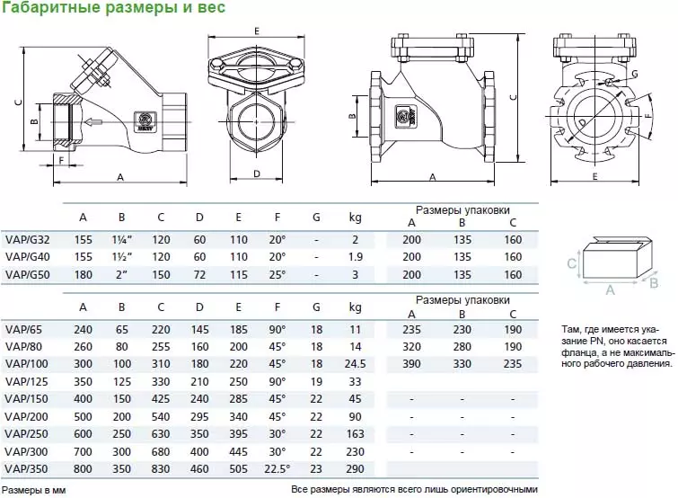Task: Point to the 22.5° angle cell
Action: click(277, 469)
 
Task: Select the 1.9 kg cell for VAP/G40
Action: click(355, 257)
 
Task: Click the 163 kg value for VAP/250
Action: click(355, 435)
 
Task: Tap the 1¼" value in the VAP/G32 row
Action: click(122, 240)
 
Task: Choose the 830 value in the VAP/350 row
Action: click(161, 469)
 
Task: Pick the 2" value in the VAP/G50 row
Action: click(122, 274)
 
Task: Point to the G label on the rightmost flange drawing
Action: click(634, 73)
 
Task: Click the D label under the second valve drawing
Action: click(256, 173)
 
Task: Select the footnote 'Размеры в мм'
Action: click(34, 491)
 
